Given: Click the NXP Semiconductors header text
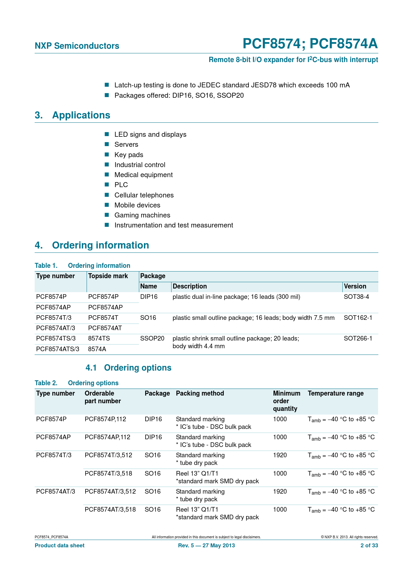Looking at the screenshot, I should tap(77, 46).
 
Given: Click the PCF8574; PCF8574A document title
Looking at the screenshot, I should tap(310, 44).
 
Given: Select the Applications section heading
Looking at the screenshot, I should tap(81, 115).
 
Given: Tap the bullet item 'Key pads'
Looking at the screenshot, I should tap(129, 155).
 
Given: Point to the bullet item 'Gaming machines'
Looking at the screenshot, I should tap(142, 215).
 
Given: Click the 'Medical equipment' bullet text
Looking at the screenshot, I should tap(144, 175).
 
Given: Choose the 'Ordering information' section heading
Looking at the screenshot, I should tap(100, 245).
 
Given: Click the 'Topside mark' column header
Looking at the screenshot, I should tap(108, 276).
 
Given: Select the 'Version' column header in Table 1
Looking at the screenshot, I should tap(355, 286).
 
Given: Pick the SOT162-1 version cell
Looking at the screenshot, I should tap(358, 318).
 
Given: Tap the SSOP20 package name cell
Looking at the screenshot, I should tap(152, 339).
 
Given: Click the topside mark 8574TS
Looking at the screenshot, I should tap(99, 339).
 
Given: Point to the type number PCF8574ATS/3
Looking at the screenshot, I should tap(58, 349).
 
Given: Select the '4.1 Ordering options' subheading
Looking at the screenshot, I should tap(129, 368).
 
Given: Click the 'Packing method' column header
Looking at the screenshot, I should tap(200, 394).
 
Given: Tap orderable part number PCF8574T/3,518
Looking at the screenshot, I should tap(108, 474).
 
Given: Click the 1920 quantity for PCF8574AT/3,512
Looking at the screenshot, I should tap(280, 492).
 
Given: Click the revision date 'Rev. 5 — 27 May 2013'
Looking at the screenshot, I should tap(206, 546).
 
